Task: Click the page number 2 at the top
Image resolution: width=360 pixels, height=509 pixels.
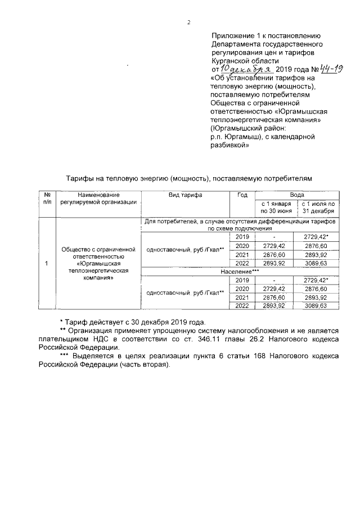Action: pos(189,23)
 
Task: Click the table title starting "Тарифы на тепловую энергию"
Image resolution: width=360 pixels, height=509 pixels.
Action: pos(184,178)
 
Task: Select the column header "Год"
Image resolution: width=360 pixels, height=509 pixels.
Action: pos(242,195)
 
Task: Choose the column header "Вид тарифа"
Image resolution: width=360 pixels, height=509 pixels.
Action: pos(186,195)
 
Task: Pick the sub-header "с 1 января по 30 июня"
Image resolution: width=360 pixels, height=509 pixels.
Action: pos(276,208)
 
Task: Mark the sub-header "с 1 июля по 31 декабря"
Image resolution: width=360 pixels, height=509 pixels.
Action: pos(318,208)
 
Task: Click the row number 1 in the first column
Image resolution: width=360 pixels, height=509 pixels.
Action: pos(47,263)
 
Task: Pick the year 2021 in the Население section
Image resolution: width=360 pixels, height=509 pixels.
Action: pos(242,298)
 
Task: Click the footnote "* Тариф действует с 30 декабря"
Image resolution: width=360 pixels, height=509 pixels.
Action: pos(132,323)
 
